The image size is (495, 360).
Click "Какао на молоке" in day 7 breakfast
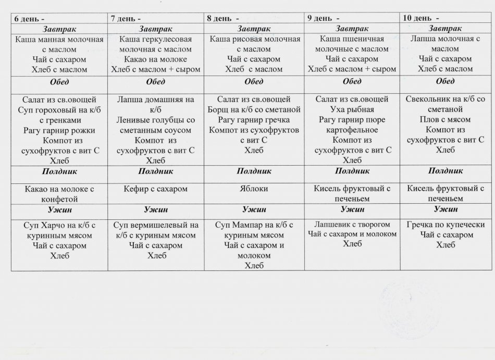156,59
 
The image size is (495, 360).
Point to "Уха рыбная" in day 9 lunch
352,109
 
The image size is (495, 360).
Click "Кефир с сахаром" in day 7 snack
156,189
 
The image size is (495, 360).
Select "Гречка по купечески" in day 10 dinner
445,225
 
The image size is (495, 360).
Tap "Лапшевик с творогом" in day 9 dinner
352,224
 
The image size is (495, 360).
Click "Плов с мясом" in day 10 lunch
445,120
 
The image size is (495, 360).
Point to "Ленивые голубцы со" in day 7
156,120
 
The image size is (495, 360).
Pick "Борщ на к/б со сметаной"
255,109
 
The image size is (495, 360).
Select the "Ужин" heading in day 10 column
445,209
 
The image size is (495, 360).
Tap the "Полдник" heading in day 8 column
254,171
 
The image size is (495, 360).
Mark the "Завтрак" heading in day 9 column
352,28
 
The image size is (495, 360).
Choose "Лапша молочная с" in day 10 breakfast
445,39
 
